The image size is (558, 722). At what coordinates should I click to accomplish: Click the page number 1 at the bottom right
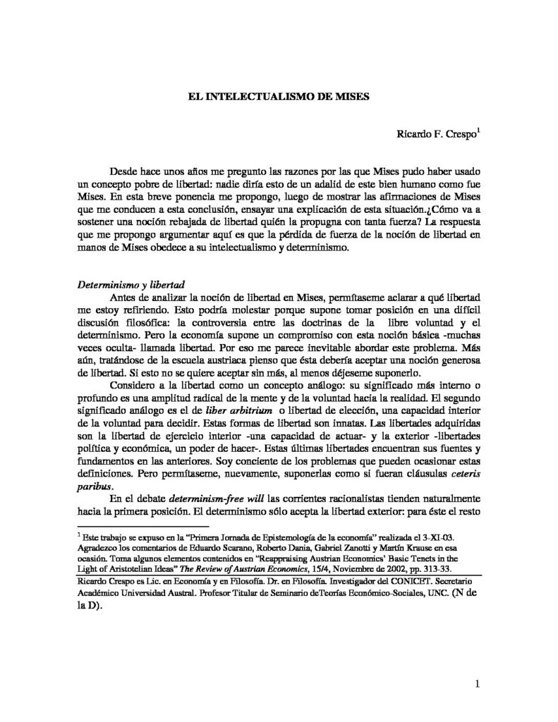point(477,683)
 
